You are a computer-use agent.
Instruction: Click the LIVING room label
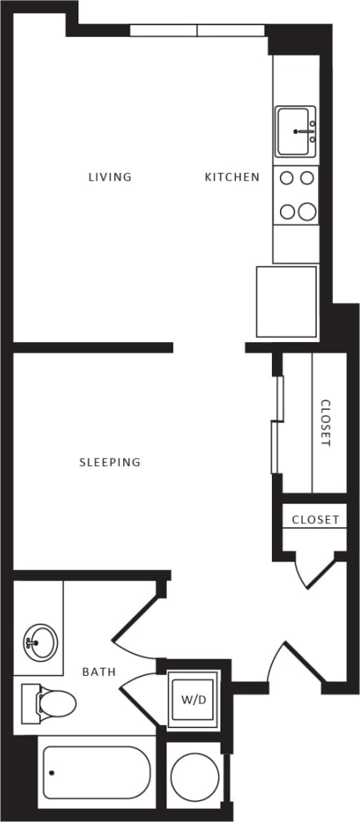point(110,177)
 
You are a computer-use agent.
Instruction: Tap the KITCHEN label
point(232,177)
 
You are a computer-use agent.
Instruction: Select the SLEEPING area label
point(109,462)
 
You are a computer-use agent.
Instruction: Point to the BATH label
point(99,673)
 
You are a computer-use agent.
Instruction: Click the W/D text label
point(193,700)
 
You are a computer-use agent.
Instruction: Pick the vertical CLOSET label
point(326,423)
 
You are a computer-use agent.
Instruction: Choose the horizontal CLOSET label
point(315,520)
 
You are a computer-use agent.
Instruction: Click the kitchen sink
point(295,131)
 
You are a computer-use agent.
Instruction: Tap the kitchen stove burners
point(296,195)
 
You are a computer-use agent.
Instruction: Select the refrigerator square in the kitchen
point(287,301)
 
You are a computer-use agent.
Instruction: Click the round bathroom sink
point(40,641)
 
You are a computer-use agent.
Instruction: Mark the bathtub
point(96,772)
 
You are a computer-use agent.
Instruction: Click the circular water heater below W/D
point(193,776)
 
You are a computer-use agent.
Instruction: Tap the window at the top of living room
point(197,31)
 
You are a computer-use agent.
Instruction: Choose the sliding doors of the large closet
point(277,424)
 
